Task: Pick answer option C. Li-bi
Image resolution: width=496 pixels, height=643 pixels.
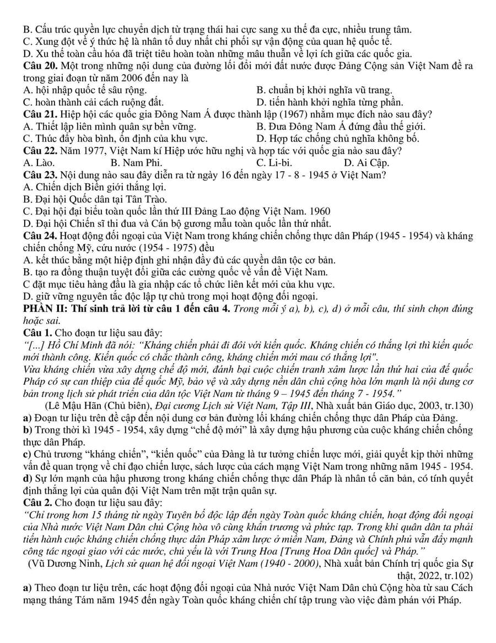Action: click(x=274, y=162)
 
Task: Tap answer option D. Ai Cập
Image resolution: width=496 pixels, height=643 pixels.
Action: click(x=366, y=162)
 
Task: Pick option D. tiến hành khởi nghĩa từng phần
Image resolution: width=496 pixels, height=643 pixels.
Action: click(x=330, y=102)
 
